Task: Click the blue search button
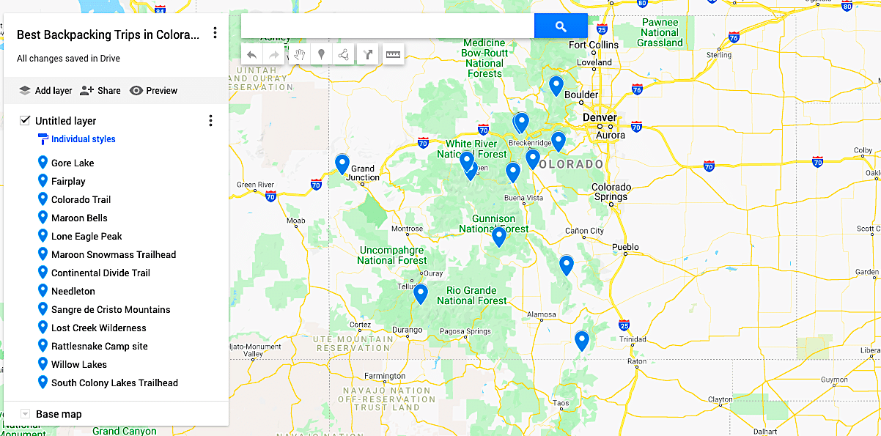point(561,26)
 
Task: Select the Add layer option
point(45,91)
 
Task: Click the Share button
point(100,91)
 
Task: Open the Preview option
point(153,91)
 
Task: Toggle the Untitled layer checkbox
point(25,121)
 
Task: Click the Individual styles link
point(83,139)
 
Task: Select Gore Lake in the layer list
point(73,163)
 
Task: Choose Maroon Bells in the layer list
point(79,218)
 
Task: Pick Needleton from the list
point(73,292)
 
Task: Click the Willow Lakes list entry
point(79,365)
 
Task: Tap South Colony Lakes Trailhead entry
point(114,383)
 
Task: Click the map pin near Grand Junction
point(342,164)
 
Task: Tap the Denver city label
point(600,118)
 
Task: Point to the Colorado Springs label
point(611,192)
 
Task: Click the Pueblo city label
point(625,248)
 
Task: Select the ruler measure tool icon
point(394,54)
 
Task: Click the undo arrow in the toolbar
point(251,54)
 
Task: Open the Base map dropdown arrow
point(25,414)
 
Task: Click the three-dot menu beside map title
point(215,33)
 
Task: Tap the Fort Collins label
point(594,45)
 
